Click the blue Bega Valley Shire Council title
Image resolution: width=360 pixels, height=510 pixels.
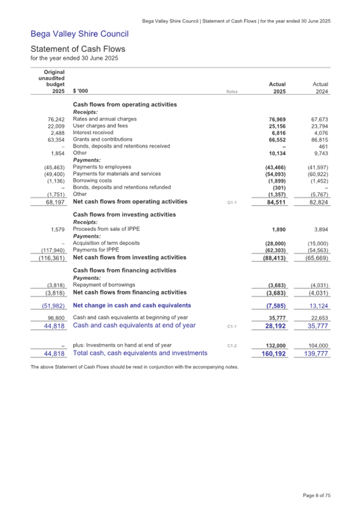click(x=79, y=35)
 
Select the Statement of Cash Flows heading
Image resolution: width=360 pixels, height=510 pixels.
click(x=78, y=48)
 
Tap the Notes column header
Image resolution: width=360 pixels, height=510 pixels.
click(x=231, y=92)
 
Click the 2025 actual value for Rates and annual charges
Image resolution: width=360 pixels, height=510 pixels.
click(x=276, y=119)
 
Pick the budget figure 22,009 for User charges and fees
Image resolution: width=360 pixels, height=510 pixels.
click(x=53, y=126)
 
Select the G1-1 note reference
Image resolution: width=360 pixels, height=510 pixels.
click(x=231, y=202)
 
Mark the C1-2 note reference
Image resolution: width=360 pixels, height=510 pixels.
click(x=231, y=346)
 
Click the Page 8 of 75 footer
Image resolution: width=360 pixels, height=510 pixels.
click(x=317, y=496)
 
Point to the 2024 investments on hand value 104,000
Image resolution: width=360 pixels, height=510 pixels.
click(x=317, y=345)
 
